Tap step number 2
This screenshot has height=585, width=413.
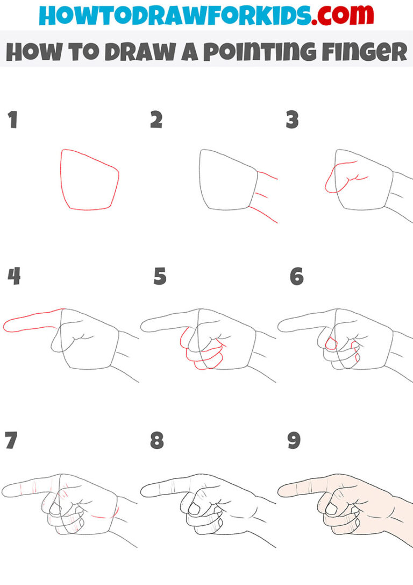156,120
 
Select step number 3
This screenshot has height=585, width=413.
292,120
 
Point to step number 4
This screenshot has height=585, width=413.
14,277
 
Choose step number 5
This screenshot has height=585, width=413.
160,277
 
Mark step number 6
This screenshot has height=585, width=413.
296,277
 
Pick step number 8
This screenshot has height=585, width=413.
156,441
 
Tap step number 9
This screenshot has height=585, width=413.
294,441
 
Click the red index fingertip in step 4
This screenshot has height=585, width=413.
8,325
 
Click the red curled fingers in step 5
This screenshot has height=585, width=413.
202,353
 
